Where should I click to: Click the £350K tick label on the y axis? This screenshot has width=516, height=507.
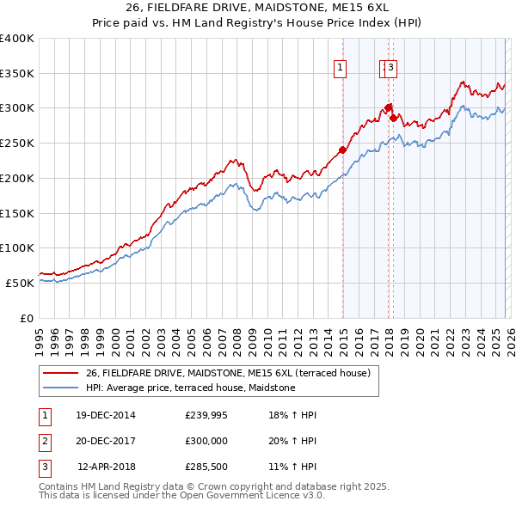point(16,74)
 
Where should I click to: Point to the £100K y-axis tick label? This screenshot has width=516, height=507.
point(16,248)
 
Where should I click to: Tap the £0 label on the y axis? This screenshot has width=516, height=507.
point(26,318)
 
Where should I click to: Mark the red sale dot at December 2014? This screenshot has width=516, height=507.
point(342,150)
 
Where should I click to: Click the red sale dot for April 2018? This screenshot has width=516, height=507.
point(393,118)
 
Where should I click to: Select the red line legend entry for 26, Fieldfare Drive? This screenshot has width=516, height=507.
point(227,373)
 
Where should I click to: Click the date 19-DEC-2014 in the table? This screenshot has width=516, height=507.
point(106,415)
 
